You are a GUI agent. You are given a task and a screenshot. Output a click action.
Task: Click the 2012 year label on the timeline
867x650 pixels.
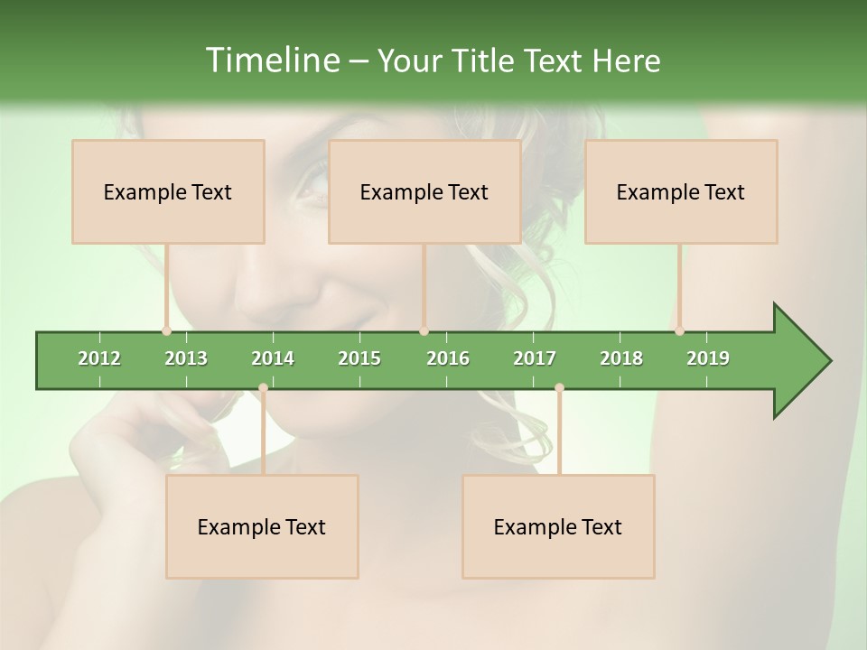coord(99,358)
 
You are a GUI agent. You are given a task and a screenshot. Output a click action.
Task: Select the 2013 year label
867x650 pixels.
coord(186,358)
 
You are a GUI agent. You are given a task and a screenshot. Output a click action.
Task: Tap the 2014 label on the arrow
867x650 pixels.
coord(273,358)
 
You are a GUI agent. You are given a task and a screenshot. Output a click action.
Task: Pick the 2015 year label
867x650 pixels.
coord(359,358)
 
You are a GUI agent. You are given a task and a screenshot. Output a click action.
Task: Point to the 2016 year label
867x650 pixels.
coord(448,358)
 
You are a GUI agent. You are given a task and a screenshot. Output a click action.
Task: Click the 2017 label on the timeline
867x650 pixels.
coord(535,358)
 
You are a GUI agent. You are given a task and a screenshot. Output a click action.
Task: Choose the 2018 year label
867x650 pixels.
coord(621,358)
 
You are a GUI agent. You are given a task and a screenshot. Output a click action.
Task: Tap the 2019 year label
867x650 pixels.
coord(708,358)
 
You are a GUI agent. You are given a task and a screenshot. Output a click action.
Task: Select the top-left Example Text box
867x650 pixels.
coord(168,192)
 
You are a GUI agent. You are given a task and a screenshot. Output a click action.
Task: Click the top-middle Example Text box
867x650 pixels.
coord(424,192)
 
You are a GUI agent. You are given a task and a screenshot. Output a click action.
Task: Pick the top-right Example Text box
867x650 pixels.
coord(681,192)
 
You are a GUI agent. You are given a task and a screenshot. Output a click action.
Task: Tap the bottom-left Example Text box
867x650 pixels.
coord(262,527)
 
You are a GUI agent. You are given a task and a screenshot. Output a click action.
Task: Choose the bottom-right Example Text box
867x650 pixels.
coord(558,527)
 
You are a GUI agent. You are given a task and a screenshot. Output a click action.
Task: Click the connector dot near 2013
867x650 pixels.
coord(167,330)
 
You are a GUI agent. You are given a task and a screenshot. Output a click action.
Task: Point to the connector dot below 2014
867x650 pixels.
coord(263,388)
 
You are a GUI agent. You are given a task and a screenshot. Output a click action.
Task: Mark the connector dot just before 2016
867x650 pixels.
coord(424,330)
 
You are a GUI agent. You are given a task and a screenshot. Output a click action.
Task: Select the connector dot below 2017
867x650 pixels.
coord(559,388)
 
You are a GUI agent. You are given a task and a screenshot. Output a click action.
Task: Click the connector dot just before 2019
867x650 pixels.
coord(679,330)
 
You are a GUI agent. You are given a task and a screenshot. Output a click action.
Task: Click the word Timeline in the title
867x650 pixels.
coord(271,60)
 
